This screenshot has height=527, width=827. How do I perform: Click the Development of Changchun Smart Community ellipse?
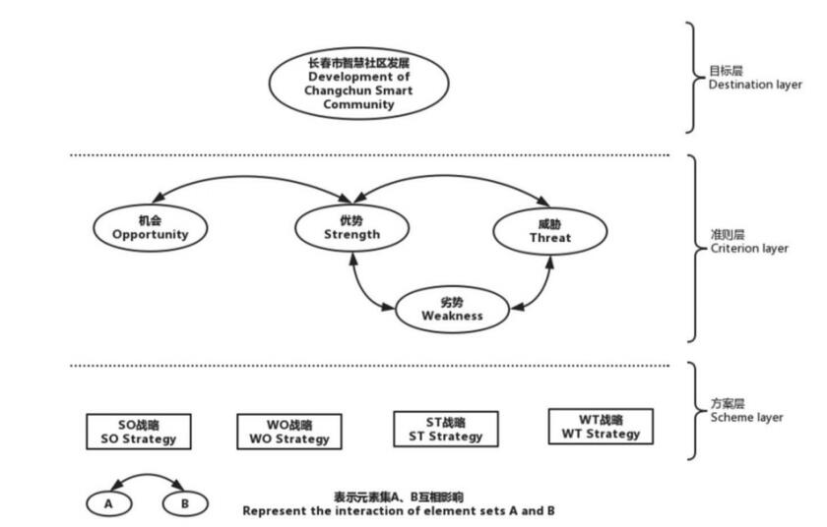pyautogui.click(x=358, y=84)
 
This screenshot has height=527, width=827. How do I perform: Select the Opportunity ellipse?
pyautogui.click(x=150, y=227)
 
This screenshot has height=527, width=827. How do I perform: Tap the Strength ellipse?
pyautogui.click(x=351, y=227)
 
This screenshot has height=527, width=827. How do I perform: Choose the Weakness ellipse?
pyautogui.click(x=452, y=309)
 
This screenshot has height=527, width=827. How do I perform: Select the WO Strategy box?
pyautogui.click(x=288, y=432)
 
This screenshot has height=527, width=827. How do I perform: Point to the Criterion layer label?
pyautogui.click(x=748, y=242)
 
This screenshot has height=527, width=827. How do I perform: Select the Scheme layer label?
pyautogui.click(x=746, y=410)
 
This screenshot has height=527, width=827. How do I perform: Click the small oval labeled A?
pyautogui.click(x=107, y=504)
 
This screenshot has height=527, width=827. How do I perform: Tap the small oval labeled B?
pyautogui.click(x=184, y=504)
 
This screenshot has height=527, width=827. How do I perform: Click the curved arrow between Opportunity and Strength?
pyautogui.click(x=246, y=178)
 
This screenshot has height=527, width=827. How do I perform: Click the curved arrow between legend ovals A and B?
pyautogui.click(x=146, y=479)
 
